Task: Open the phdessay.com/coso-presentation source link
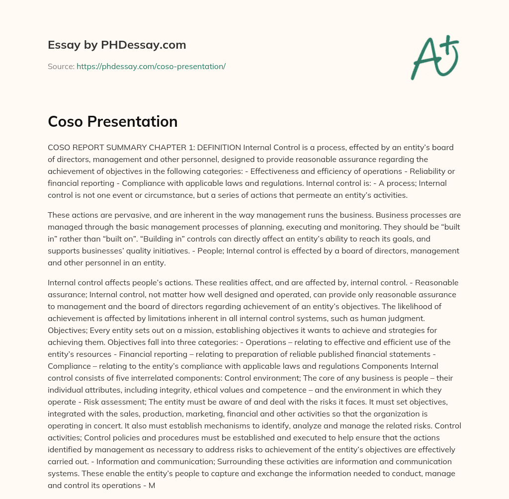151,66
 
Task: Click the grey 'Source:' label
61,66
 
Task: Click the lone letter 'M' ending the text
152,485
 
